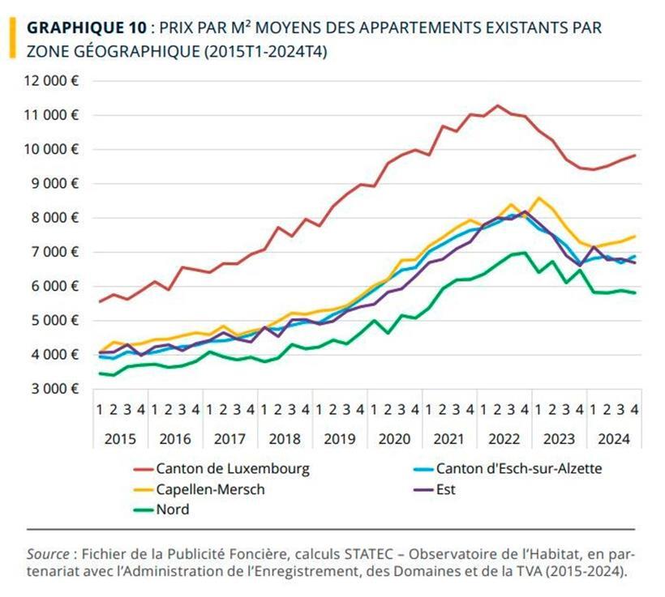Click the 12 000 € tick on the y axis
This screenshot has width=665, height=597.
click(52, 81)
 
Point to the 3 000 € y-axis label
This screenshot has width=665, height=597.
click(55, 389)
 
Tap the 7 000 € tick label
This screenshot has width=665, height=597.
click(55, 252)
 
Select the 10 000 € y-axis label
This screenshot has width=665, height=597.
click(52, 150)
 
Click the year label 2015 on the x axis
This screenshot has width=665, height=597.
click(120, 439)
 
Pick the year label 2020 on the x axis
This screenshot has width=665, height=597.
click(394, 439)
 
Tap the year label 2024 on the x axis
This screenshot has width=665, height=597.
click(614, 439)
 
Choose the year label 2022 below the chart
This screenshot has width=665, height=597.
click(504, 439)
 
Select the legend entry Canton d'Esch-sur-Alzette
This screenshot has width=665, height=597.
click(518, 468)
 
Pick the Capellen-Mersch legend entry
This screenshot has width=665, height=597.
click(210, 489)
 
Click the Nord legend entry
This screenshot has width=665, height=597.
click(172, 510)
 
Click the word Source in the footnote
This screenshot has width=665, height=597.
click(47, 554)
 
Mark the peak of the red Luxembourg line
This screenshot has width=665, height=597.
click(497, 105)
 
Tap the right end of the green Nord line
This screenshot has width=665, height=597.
click(634, 292)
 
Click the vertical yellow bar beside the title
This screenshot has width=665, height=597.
click(11, 38)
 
